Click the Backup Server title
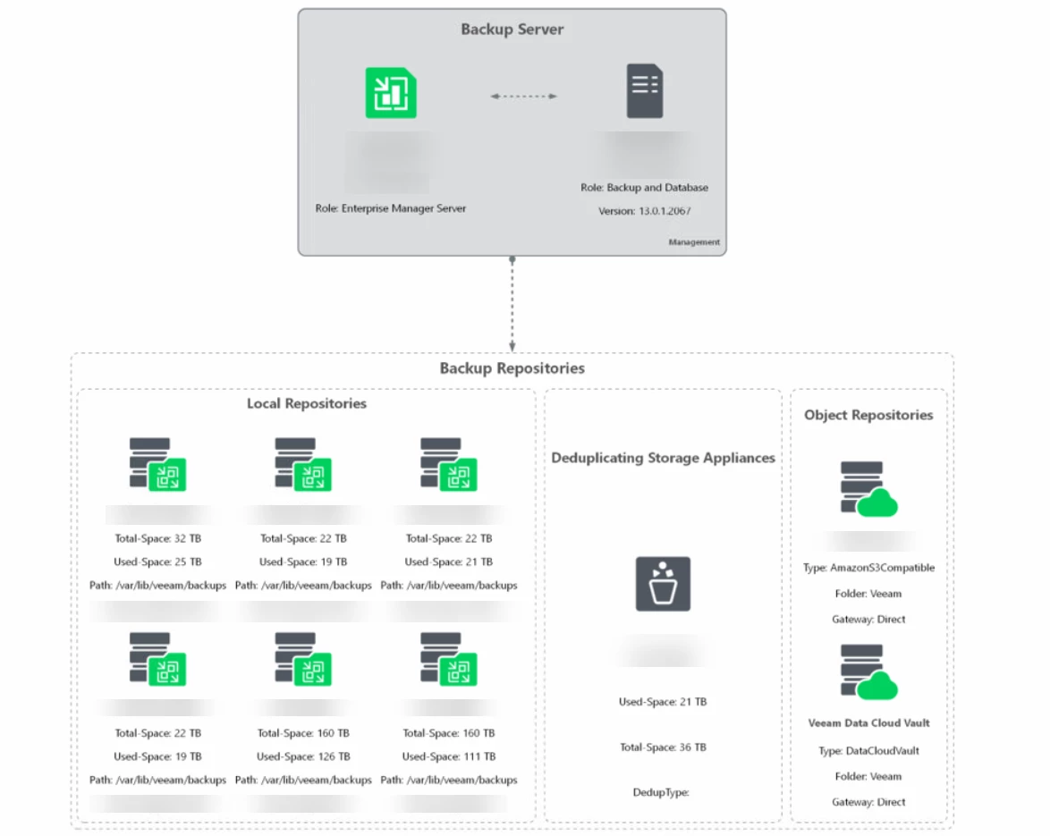[x=512, y=30]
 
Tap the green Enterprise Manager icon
[x=391, y=92]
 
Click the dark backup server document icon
[x=644, y=91]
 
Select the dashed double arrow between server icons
[x=523, y=97]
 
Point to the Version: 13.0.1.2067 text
[x=644, y=212]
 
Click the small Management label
[x=693, y=242]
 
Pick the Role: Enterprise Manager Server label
[x=391, y=208]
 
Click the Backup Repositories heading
[x=512, y=368]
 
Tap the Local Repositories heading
[x=307, y=404]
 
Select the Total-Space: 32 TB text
[x=157, y=539]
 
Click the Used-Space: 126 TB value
[x=303, y=756]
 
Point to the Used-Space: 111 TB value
[x=448, y=756]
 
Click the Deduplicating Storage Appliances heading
[x=663, y=458]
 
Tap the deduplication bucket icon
[x=663, y=584]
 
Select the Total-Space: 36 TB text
[x=663, y=747]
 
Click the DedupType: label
[x=661, y=792]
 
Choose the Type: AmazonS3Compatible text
[x=868, y=568]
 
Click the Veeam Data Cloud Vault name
[x=868, y=723]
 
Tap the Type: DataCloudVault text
[x=868, y=751]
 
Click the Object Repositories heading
[x=868, y=415]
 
